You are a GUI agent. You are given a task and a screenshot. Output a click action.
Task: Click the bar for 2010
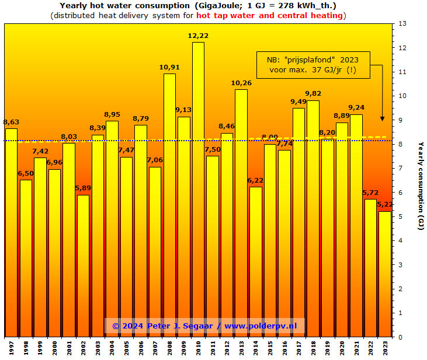(198, 189)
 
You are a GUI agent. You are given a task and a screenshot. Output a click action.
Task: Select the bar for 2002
(84, 265)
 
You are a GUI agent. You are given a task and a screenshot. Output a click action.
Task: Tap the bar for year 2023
(385, 274)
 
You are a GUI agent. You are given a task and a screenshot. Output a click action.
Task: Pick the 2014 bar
(256, 261)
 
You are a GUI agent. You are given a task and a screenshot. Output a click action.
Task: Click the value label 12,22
(198, 36)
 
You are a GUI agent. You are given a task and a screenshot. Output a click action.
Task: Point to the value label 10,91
(169, 68)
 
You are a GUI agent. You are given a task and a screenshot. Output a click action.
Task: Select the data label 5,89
(84, 188)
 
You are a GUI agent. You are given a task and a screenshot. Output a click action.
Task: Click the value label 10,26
(241, 83)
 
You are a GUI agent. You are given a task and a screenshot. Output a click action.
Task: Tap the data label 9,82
(313, 94)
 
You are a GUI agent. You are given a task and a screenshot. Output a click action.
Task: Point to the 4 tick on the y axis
(401, 240)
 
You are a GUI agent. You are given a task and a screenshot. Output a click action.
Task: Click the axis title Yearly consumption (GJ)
(421, 186)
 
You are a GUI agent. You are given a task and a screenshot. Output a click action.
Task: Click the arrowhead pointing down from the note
(383, 118)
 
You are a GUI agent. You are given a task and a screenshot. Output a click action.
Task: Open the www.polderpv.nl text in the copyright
(260, 326)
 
